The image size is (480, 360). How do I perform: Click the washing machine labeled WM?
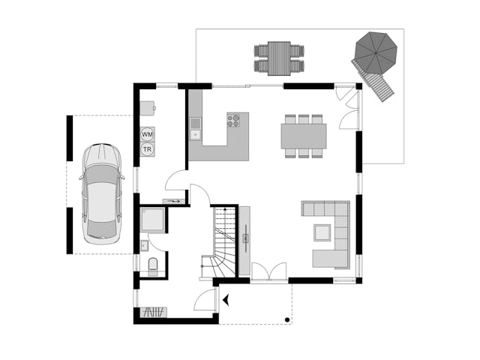click(x=148, y=134)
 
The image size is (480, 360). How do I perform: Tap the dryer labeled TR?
click(x=148, y=149)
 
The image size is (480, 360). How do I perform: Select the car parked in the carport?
click(x=102, y=193)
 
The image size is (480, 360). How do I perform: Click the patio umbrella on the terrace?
click(x=376, y=53)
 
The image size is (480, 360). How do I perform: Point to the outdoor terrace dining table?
click(x=279, y=58)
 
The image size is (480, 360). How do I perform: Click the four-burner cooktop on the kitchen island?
click(x=233, y=120)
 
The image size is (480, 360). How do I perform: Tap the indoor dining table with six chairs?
click(x=304, y=136)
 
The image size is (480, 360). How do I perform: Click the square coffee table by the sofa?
click(x=322, y=232)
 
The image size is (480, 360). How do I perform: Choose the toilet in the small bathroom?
click(x=153, y=267)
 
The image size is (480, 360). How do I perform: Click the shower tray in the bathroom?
click(x=152, y=219)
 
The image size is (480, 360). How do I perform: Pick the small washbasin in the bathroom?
click(x=144, y=245)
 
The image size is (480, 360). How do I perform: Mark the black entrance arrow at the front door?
click(x=226, y=300)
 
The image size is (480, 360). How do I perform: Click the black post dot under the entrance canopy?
click(x=287, y=320)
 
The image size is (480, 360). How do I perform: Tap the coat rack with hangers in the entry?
click(x=154, y=312)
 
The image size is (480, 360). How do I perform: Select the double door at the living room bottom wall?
click(x=269, y=271)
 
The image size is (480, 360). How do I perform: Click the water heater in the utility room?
click(x=148, y=108)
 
